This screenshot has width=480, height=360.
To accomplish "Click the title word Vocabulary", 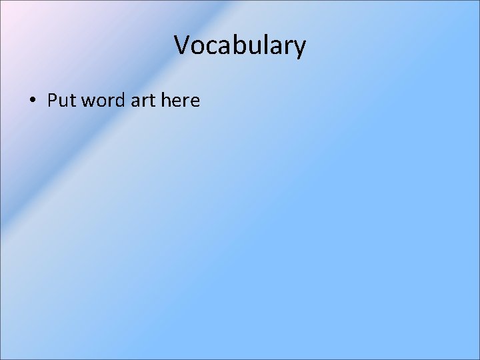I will [x=240, y=45].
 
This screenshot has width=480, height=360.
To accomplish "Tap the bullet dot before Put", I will [x=32, y=101].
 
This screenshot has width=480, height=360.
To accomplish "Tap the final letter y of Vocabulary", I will [x=300, y=48].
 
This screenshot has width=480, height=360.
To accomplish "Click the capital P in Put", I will [x=51, y=101].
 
